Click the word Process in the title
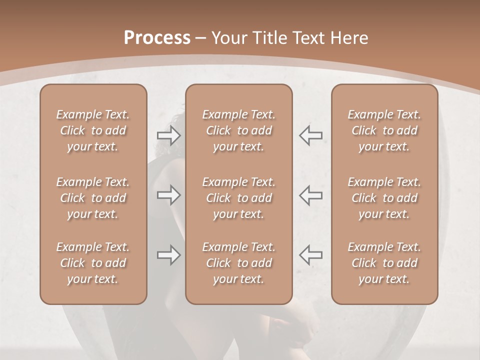[x=157, y=38]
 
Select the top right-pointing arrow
[x=169, y=135]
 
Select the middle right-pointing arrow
[x=169, y=195]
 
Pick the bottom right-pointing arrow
[x=169, y=255]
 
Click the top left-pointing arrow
[x=310, y=135]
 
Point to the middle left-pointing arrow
[x=310, y=195]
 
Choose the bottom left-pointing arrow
[x=310, y=255]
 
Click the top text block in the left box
[x=93, y=130]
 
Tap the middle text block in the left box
[x=93, y=198]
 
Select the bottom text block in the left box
[x=93, y=263]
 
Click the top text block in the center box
[x=238, y=130]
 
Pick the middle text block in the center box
[x=238, y=198]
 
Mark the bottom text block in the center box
[x=238, y=263]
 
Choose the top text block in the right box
[x=384, y=130]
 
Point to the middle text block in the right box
[x=384, y=198]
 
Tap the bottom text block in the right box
[x=384, y=263]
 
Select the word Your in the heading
[x=228, y=38]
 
